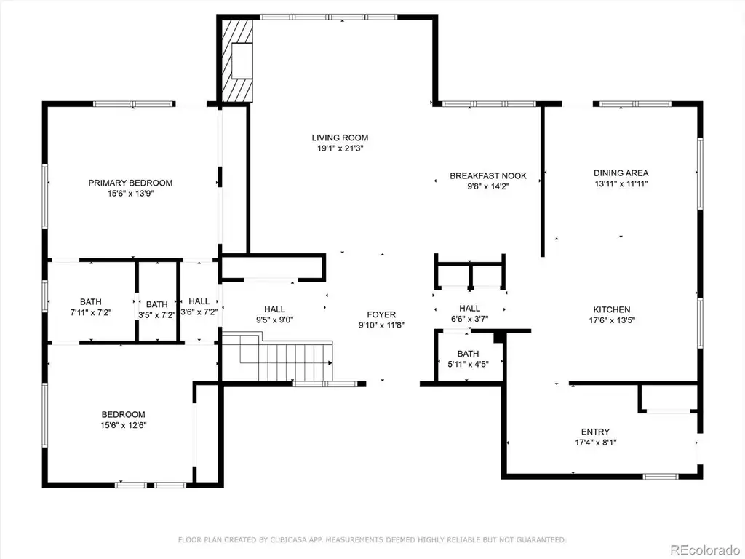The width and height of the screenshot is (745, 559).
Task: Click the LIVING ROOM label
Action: tap(340, 138)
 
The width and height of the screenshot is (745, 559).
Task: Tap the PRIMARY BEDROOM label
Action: tap(130, 183)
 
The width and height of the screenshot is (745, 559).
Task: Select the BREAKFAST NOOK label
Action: tap(488, 176)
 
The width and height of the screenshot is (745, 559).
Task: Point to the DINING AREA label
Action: tap(621, 173)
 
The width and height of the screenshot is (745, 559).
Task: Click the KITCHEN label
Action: tap(612, 309)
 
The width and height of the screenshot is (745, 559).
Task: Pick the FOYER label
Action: tap(381, 314)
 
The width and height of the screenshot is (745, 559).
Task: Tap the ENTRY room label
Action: tap(595, 432)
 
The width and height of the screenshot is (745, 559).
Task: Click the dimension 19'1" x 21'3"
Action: tap(340, 148)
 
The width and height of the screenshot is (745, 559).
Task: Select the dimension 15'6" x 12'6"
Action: tap(123, 425)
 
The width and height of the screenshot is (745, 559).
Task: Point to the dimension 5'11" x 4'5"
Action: tap(468, 365)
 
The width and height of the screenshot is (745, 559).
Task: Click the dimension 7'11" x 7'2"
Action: tap(90, 312)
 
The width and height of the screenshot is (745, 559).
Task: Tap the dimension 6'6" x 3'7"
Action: tap(469, 319)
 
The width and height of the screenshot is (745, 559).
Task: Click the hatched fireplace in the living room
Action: tap(236, 60)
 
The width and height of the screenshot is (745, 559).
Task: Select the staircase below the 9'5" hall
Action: tap(277, 357)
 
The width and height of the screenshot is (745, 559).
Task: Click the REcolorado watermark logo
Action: tap(704, 550)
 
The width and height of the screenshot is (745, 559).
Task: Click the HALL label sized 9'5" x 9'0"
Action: tap(274, 309)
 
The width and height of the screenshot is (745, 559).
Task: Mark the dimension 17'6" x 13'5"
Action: tap(612, 320)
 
